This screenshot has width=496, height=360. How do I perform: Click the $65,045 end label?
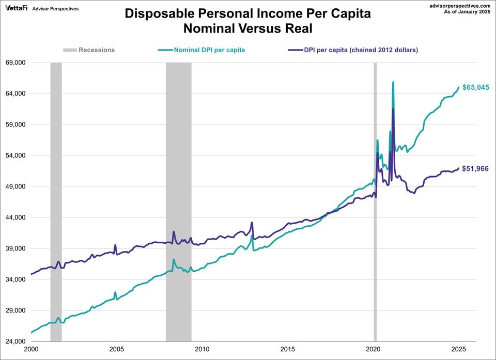pyautogui.click(x=475, y=87)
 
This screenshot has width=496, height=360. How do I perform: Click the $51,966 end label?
pyautogui.click(x=475, y=168)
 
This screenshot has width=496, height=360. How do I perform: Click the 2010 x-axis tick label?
pyautogui.click(x=202, y=349)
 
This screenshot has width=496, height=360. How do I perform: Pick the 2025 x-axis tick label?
pyautogui.click(x=458, y=349)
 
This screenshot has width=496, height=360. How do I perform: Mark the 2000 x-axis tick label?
pyautogui.click(x=31, y=349)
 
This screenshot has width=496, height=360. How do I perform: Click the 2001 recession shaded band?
pyautogui.click(x=56, y=201)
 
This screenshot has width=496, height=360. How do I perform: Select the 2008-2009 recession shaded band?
pyautogui.click(x=178, y=201)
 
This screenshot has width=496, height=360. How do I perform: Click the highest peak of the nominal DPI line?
pyautogui.click(x=393, y=82)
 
